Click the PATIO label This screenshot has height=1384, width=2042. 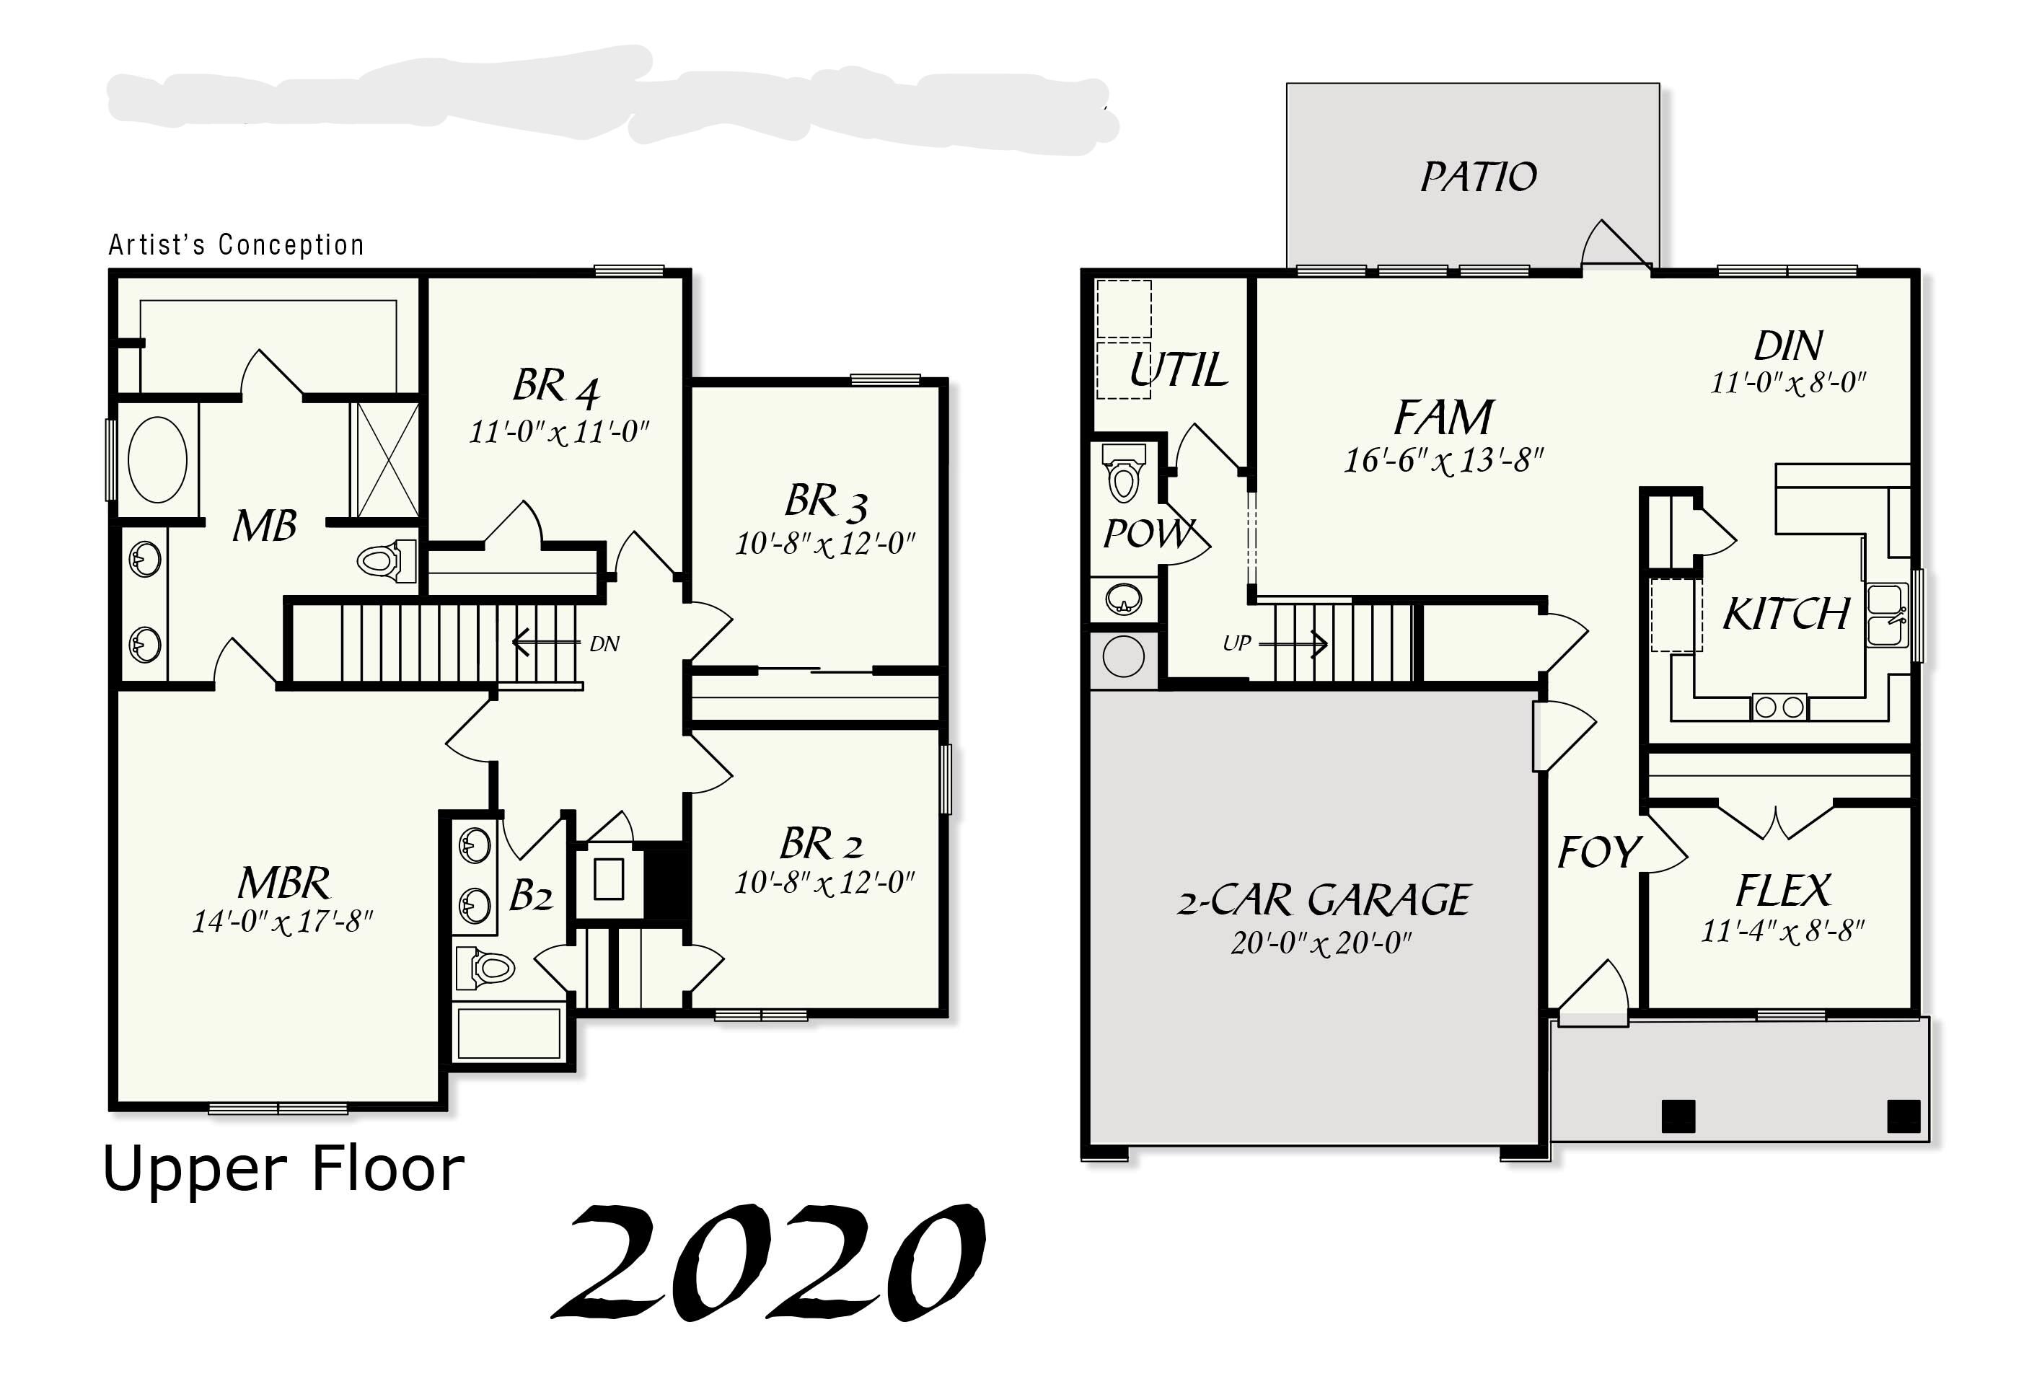point(1479,177)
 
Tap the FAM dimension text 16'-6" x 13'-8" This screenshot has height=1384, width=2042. point(1443,460)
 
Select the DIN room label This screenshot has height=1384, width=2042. point(1787,346)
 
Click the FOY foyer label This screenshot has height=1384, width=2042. point(1598,852)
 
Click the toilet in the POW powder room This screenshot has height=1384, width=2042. point(1124,475)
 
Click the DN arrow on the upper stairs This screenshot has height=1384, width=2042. point(545,643)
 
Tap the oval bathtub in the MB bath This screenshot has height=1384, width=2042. point(157,459)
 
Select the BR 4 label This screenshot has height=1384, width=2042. point(556,387)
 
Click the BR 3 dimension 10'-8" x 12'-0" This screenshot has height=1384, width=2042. point(825,545)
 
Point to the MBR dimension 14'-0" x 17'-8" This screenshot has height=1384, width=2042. point(283,922)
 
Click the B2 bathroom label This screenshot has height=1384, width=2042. point(531,896)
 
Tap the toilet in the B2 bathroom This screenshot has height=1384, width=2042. point(486,969)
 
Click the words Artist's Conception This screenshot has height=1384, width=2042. point(235,244)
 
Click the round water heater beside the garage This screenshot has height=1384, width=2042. point(1124,656)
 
